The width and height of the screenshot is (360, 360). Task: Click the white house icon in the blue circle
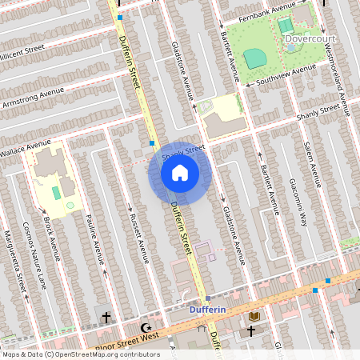180,173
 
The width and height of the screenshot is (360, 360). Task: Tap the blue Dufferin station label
209,309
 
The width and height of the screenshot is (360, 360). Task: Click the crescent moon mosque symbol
146,327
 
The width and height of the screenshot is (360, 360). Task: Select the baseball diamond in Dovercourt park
254,58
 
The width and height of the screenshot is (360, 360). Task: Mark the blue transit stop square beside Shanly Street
152,143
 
